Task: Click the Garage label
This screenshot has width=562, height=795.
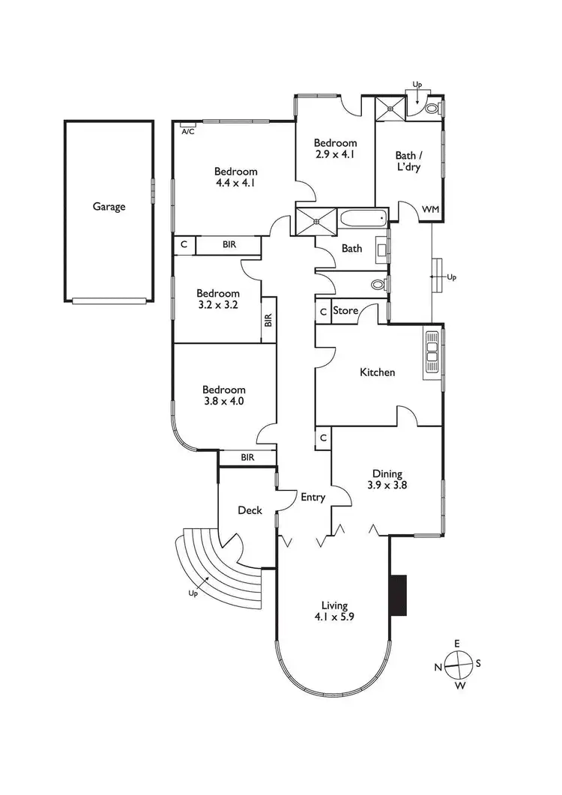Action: tap(109, 207)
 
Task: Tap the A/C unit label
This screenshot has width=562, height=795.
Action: tap(187, 131)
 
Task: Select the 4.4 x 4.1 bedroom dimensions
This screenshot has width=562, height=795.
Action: tap(235, 182)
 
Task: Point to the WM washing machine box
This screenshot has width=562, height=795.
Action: tap(430, 209)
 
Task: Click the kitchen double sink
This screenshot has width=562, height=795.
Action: tap(432, 352)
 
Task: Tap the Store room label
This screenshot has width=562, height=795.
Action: tap(345, 310)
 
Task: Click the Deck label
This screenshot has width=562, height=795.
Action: tap(250, 510)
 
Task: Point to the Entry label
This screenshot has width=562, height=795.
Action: tap(312, 497)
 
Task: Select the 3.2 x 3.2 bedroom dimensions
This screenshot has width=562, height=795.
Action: tap(219, 305)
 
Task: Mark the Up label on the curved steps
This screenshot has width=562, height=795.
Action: tap(194, 593)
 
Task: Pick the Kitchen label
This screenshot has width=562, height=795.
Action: tap(377, 372)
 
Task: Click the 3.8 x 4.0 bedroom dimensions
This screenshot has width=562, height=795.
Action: tap(224, 401)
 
